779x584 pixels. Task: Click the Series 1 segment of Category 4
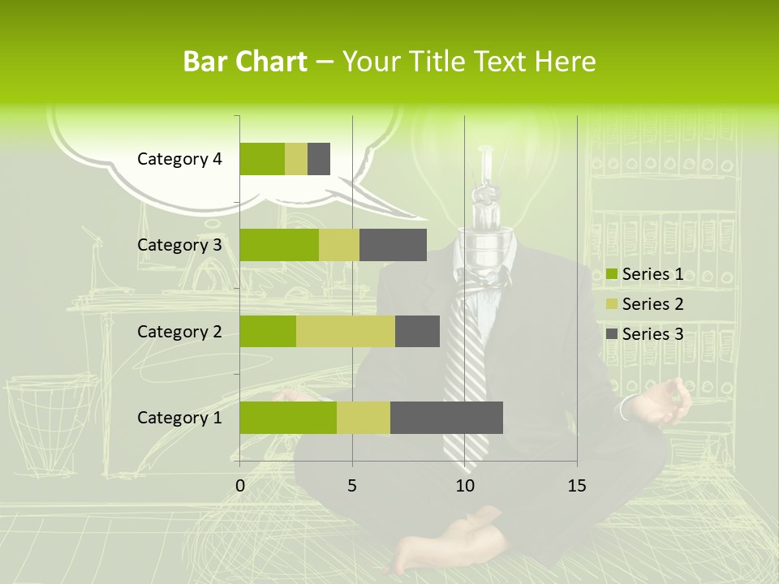click(262, 159)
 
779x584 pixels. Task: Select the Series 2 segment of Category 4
click(296, 159)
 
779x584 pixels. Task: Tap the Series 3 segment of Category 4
click(319, 159)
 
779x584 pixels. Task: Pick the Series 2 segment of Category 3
click(339, 245)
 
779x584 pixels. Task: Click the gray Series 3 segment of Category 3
click(393, 245)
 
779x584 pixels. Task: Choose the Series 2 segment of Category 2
click(346, 331)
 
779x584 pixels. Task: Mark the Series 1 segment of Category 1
click(288, 418)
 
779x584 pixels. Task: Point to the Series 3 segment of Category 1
click(446, 418)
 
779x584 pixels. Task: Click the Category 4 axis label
click(179, 159)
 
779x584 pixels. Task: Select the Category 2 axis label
click(179, 331)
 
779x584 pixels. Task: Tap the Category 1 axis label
click(179, 418)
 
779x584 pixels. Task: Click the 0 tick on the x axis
click(240, 486)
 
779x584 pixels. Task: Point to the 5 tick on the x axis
click(352, 486)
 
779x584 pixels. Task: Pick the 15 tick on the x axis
click(577, 486)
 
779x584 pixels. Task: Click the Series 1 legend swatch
click(611, 274)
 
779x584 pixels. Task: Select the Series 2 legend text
click(652, 304)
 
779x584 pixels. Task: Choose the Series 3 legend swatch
click(611, 334)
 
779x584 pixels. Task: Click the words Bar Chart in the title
click(245, 61)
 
